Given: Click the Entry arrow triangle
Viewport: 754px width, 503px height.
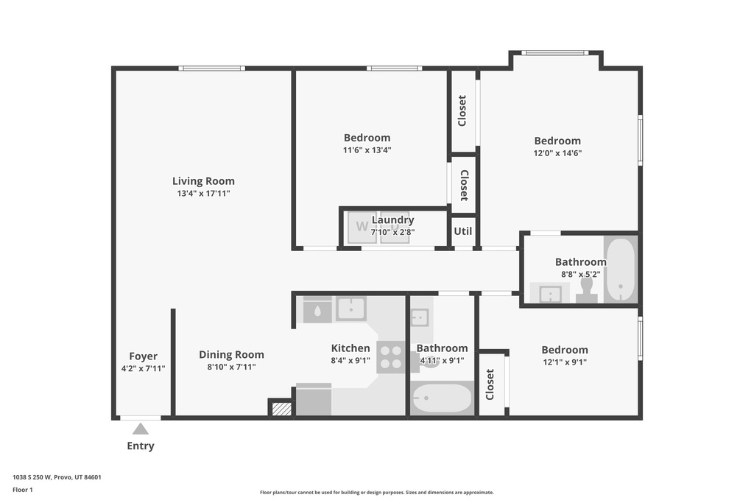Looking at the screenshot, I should point(140,428).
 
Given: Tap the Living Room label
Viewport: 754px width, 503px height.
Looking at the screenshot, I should point(203,181).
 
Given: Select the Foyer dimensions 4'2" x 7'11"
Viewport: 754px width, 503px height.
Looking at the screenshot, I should point(144,369).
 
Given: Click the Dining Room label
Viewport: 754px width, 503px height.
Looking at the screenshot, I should point(231,354).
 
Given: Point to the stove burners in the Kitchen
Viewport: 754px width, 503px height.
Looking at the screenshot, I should point(391,356).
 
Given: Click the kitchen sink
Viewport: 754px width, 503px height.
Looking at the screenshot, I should point(351,308).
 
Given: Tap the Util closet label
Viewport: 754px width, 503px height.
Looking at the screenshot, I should point(462,231).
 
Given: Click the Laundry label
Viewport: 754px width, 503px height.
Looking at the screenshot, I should point(392,219).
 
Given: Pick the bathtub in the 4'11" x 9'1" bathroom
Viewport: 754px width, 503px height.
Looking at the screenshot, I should point(442,400).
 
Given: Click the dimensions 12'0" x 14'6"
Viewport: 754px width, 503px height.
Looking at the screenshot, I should point(557,153).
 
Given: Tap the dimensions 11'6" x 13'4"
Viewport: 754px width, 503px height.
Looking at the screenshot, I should point(367,150).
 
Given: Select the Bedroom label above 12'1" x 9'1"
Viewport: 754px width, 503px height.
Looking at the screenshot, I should point(565,350).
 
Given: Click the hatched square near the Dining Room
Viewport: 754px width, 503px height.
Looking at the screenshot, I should point(281,408).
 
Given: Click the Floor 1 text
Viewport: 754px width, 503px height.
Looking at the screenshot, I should point(23,489).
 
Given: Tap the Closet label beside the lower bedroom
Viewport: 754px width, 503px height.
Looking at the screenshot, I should point(491,384).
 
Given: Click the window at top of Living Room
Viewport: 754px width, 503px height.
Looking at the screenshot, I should point(212,68).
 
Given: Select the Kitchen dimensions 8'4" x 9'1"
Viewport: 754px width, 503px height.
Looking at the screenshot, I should point(350,361).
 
